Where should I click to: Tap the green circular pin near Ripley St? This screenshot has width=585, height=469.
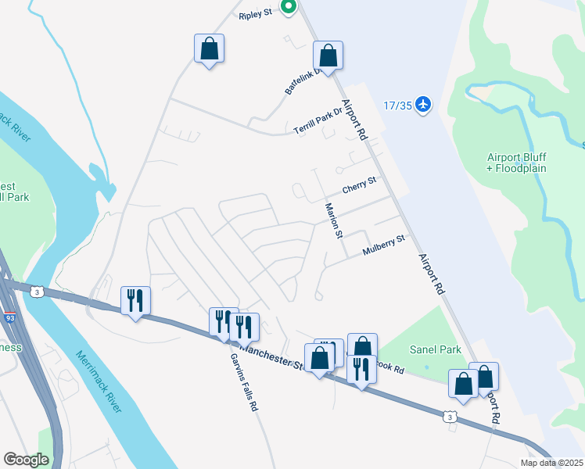click(288, 8)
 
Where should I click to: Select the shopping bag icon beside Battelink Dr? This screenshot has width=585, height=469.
click(328, 56)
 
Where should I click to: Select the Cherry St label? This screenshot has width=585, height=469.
click(360, 186)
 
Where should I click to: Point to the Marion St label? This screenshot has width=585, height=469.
click(334, 221)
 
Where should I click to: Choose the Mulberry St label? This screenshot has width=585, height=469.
click(385, 245)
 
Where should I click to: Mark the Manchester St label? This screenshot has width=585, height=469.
click(270, 353)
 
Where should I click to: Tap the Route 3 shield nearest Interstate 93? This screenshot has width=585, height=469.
click(36, 292)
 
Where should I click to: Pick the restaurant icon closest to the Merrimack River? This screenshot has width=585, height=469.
click(135, 300)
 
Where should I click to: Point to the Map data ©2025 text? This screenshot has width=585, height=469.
click(551, 463)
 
